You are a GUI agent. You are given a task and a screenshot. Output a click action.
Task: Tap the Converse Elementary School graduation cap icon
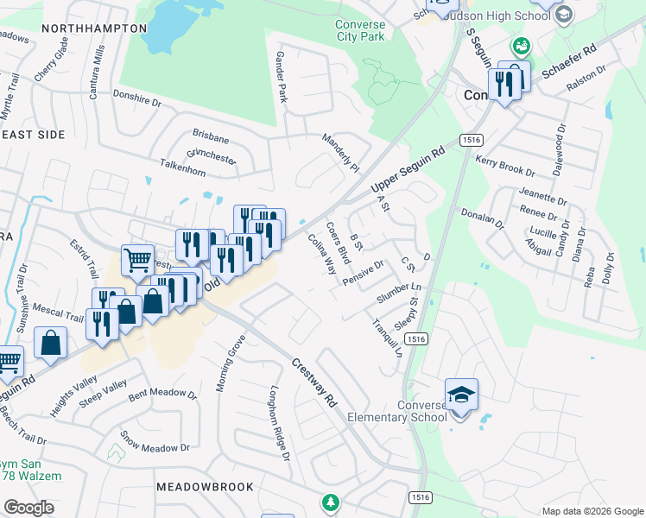pyautogui.click(x=461, y=395)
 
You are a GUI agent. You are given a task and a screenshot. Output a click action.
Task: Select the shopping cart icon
pyautogui.click(x=138, y=259)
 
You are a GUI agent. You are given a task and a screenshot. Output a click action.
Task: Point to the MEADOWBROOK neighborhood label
pyautogui.click(x=206, y=487)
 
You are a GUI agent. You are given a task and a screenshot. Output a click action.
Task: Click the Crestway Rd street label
pyautogui.click(x=313, y=383)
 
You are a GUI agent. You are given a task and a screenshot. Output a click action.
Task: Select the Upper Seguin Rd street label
pyautogui.click(x=407, y=169)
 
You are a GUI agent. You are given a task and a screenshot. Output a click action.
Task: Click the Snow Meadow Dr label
pyautogui.click(x=155, y=443)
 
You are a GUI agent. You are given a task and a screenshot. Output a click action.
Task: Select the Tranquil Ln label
pyautogui.click(x=387, y=338)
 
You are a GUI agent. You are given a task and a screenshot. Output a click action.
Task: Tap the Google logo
pyautogui.click(x=28, y=508)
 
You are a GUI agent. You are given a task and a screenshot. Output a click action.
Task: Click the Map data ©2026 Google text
pyautogui.click(x=592, y=511)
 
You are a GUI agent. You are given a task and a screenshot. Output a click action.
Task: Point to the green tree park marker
pyautogui.click(x=329, y=501)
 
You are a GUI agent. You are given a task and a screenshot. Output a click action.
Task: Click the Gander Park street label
pyautogui.click(x=280, y=77)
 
